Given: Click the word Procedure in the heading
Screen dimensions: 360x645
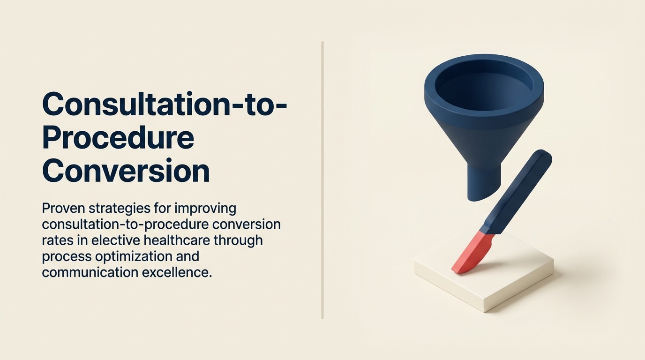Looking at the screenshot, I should click(x=118, y=138).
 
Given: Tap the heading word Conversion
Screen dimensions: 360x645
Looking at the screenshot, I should click(x=126, y=172).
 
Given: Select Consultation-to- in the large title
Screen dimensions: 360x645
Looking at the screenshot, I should click(x=164, y=104).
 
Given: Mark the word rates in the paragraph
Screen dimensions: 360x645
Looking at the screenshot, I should click(x=56, y=240).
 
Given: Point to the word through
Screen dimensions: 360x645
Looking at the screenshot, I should click(x=239, y=240).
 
